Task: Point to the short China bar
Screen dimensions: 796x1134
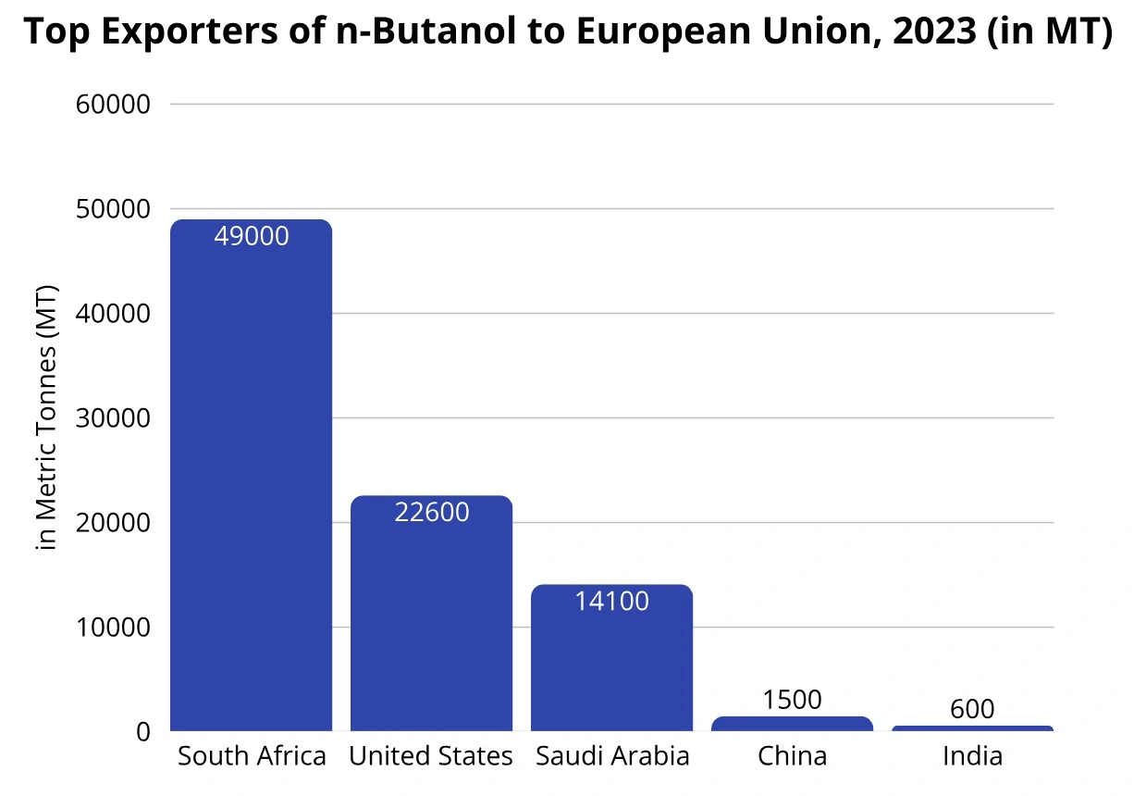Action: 792,724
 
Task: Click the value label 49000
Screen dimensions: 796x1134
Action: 251,237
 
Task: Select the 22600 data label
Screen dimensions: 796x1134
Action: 432,512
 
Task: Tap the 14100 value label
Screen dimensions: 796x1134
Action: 611,602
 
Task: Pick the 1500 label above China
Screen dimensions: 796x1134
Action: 793,700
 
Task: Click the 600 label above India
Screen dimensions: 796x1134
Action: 972,710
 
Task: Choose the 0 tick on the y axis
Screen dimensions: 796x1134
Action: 142,732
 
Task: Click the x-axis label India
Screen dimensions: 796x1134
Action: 972,757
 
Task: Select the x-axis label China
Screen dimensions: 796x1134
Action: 792,757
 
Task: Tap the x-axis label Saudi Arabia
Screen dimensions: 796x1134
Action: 611,757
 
